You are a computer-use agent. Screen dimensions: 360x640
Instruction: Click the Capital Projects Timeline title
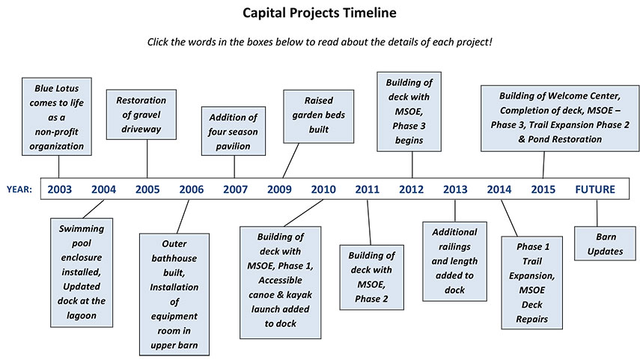(x=320, y=13)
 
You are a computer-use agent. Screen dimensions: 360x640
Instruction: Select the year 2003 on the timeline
(x=60, y=189)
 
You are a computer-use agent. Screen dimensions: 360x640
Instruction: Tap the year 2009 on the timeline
(x=279, y=189)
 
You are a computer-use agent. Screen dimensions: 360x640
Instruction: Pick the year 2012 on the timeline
(x=411, y=189)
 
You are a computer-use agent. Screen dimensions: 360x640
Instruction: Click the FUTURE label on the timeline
(x=594, y=189)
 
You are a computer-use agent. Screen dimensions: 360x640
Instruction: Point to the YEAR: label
(x=20, y=189)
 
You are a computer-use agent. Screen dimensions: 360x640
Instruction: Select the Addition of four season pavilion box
(x=233, y=132)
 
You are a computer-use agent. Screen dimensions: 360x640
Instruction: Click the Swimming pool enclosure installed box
(x=84, y=272)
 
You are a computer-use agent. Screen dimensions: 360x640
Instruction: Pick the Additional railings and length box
(x=454, y=261)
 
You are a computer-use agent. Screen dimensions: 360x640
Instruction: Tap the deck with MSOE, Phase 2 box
(x=372, y=277)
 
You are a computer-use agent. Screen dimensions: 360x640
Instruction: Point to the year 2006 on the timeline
(x=192, y=189)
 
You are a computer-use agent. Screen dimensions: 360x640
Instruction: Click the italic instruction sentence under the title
(x=320, y=41)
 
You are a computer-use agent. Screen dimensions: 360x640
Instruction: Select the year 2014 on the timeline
(x=499, y=189)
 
